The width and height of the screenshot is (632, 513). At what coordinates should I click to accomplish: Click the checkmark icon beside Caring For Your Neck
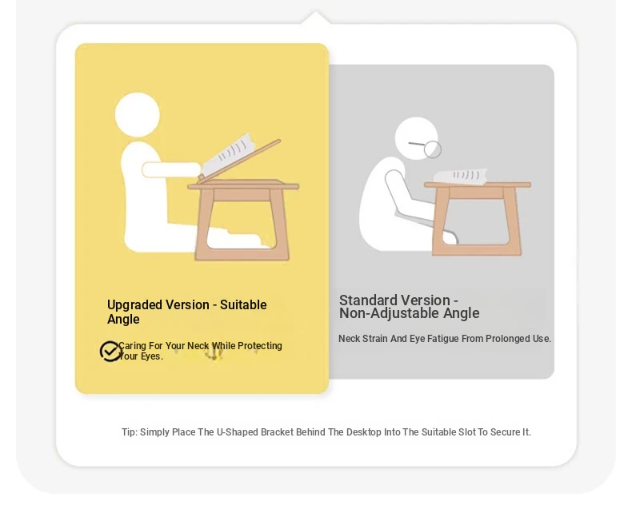110,351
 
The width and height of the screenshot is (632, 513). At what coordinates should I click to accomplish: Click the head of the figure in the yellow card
138,115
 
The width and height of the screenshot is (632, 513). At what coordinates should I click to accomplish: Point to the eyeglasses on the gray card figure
427,147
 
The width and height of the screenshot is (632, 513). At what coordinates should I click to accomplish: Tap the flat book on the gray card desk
460,176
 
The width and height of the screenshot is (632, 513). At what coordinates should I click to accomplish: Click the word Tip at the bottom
130,432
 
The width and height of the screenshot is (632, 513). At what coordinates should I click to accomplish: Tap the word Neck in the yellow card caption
198,346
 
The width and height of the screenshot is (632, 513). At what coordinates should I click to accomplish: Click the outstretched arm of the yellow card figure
171,170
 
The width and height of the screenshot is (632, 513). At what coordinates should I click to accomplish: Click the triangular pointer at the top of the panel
316,18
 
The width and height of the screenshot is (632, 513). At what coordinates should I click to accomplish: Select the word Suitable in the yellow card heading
243,305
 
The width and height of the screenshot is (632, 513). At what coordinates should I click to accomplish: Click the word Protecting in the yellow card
259,346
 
